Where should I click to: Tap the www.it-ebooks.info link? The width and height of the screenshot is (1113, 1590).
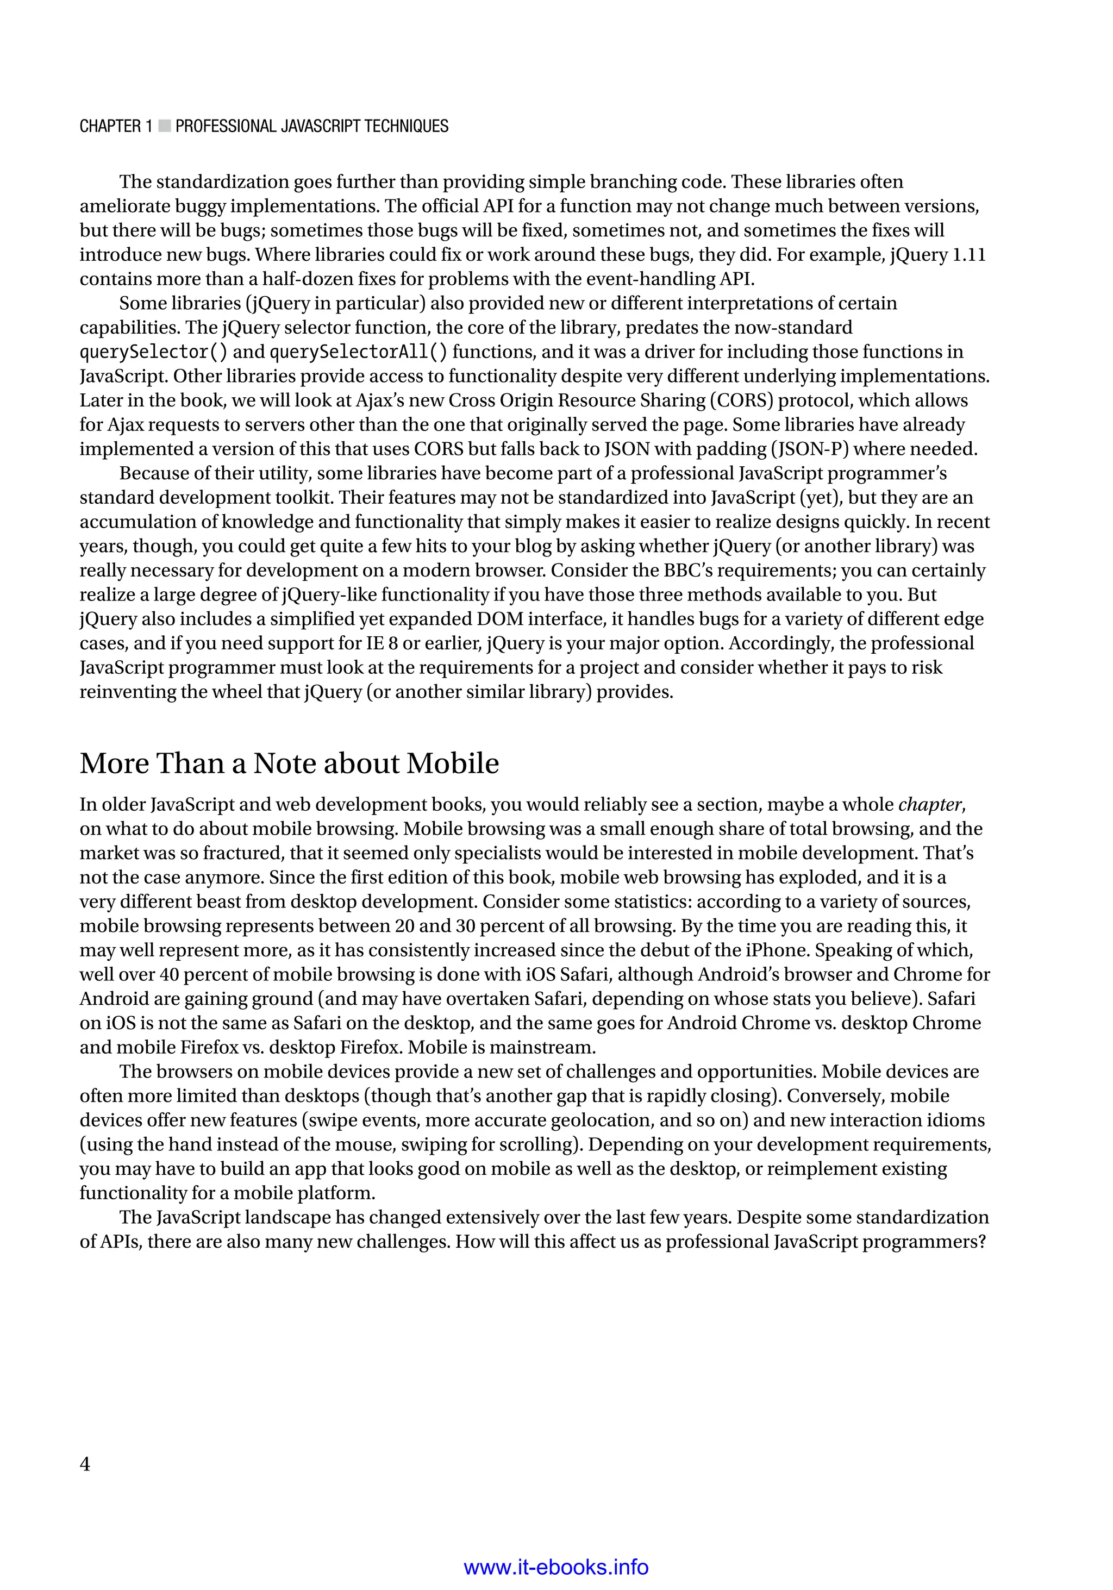tap(555, 1567)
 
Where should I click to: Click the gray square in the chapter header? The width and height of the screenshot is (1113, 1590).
tap(164, 126)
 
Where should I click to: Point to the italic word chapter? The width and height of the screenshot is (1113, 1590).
tap(929, 805)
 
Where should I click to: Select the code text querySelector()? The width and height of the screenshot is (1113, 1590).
tap(153, 352)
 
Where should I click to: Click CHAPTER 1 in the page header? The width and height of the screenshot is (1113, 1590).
tap(116, 126)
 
